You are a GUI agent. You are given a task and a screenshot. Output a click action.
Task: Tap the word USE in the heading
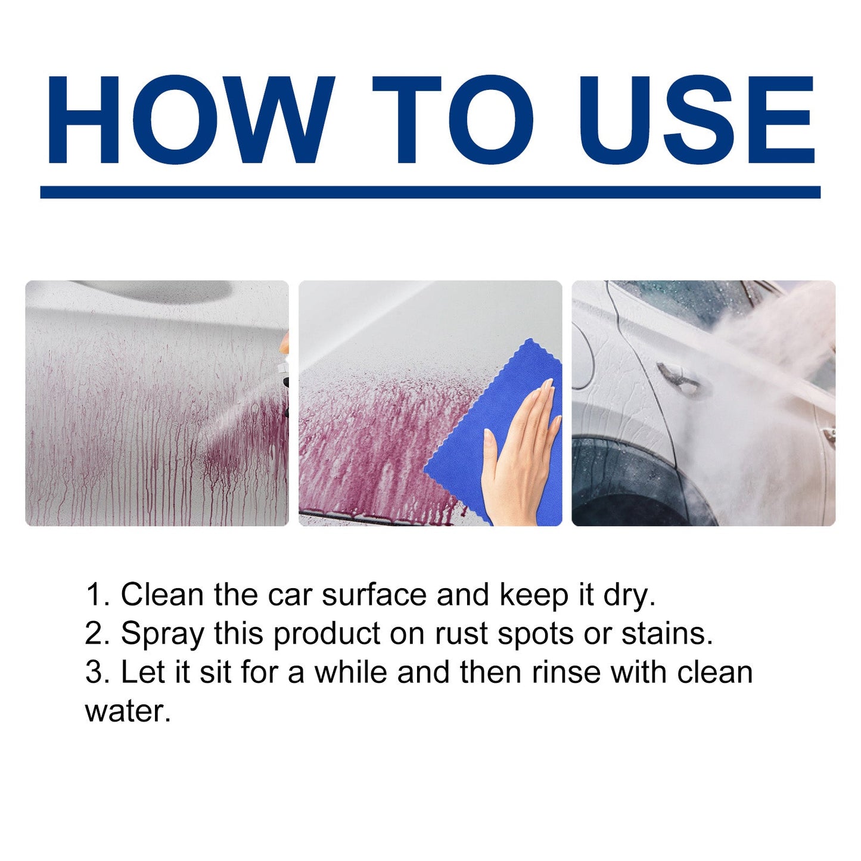point(696,119)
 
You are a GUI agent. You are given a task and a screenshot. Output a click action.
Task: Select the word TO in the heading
point(453,119)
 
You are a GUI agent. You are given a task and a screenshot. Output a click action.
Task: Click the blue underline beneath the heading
point(430,192)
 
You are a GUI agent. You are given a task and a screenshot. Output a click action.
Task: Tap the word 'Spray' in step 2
point(162,633)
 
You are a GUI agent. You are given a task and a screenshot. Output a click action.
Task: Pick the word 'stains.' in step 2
point(667,633)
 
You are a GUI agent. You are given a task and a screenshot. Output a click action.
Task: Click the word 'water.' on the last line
point(128,711)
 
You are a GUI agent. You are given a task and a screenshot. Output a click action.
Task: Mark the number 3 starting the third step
point(94,672)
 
